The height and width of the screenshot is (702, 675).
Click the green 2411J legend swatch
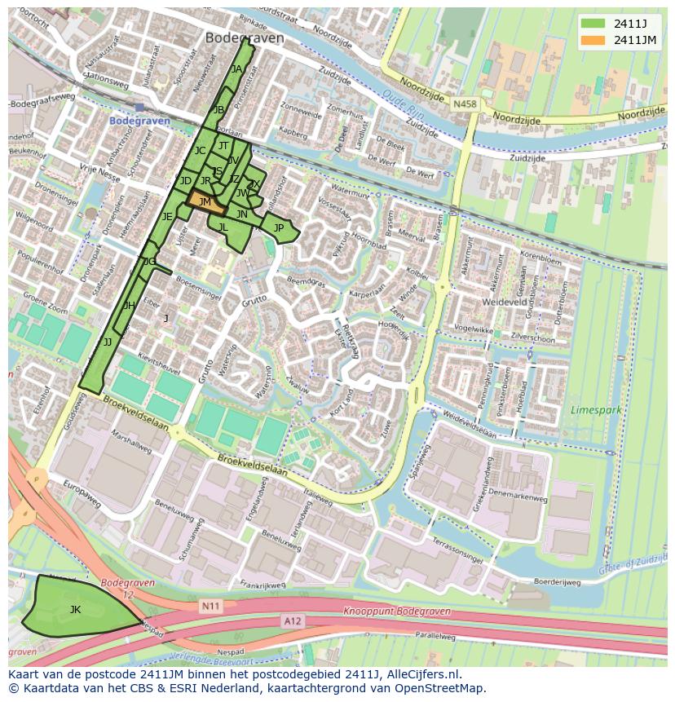[x=593, y=23]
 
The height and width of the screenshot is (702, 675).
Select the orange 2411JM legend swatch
[x=593, y=39]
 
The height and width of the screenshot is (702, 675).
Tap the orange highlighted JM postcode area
[x=205, y=202]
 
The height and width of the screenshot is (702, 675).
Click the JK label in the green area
[x=75, y=609]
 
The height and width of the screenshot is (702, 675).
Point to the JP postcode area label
[x=279, y=228]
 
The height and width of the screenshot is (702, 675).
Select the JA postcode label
[x=236, y=69]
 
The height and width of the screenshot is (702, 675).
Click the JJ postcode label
[x=108, y=342]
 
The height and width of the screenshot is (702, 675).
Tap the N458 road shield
[x=465, y=104]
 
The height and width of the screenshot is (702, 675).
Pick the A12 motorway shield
[x=292, y=620]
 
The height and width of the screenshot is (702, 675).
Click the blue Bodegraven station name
[x=139, y=121]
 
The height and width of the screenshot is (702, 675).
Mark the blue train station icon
[x=139, y=107]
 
